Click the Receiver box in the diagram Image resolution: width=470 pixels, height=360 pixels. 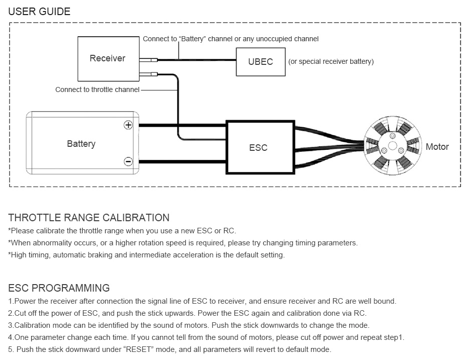pyautogui.click(x=108, y=58)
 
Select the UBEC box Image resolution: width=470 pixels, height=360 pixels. pyautogui.click(x=260, y=62)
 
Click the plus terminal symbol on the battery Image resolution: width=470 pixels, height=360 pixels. pyautogui.click(x=128, y=125)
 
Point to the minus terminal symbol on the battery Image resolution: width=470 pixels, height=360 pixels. pyautogui.click(x=128, y=161)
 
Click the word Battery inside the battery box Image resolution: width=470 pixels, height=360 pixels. pyautogui.click(x=81, y=144)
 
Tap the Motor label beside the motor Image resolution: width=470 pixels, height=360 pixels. pyautogui.click(x=437, y=147)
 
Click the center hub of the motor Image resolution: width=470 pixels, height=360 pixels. pyautogui.click(x=390, y=147)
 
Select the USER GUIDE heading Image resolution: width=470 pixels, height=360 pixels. pyautogui.click(x=40, y=11)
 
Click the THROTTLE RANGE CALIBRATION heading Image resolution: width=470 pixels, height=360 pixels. pyautogui.click(x=89, y=218)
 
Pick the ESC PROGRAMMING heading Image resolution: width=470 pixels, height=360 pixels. pyautogui.click(x=59, y=288)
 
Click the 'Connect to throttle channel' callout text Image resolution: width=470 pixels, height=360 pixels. pyautogui.click(x=97, y=89)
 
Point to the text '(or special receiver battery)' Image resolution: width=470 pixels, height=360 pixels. pyautogui.click(x=331, y=62)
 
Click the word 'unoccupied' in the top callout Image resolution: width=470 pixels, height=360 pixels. pyautogui.click(x=271, y=39)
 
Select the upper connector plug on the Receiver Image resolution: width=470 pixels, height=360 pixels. pyautogui.click(x=149, y=60)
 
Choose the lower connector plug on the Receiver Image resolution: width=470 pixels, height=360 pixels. pyautogui.click(x=149, y=75)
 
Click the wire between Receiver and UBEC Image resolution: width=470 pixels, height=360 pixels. pyautogui.click(x=201, y=60)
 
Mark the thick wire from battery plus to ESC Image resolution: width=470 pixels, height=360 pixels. pyautogui.click(x=181, y=125)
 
